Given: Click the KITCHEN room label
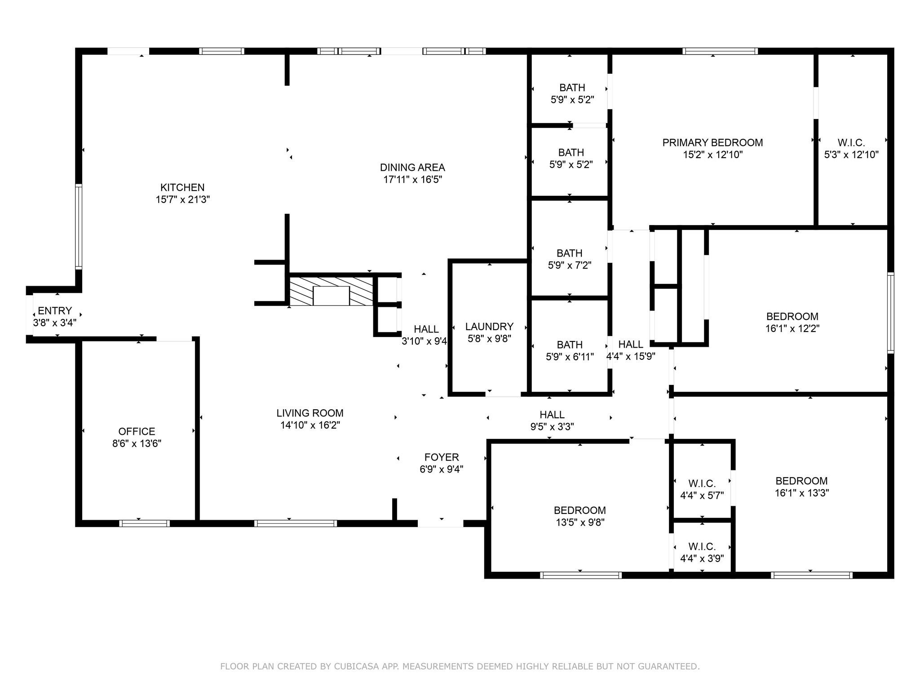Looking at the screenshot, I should pos(182,187).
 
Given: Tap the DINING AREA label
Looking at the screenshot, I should pos(412,168).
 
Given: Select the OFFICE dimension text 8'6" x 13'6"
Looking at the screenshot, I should pos(137,443).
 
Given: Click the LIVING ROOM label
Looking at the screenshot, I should pos(310,413).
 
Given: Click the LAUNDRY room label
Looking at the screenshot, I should pos(489,327).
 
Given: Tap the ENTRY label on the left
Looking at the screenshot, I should pos(55,311).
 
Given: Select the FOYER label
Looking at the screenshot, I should pos(442,457).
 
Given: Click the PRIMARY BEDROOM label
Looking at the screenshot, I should pos(712,143).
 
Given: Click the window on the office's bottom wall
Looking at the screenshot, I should pos(144,523).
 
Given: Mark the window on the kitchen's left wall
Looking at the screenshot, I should pos(79,226).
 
